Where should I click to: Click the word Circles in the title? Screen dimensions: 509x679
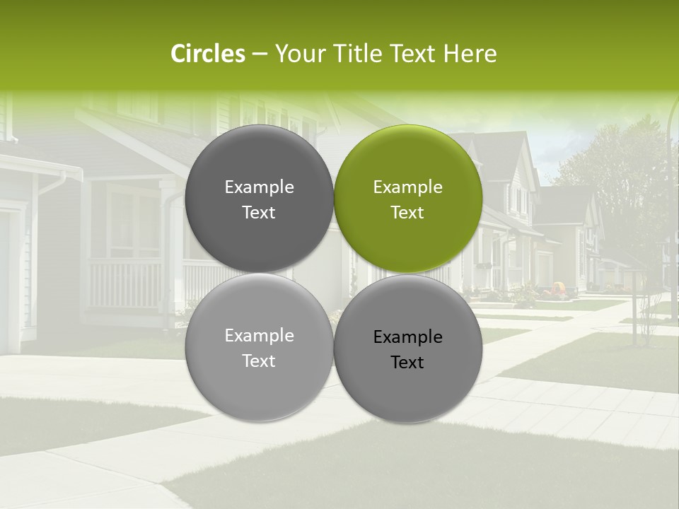coord(207,54)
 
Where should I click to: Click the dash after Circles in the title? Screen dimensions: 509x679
coord(260,54)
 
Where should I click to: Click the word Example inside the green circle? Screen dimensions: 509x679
coord(408,187)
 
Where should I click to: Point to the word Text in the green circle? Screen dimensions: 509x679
coord(408,213)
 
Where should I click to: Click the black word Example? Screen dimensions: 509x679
coord(408,337)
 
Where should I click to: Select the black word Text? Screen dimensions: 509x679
coord(408,363)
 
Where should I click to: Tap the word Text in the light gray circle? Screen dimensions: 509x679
coord(259,361)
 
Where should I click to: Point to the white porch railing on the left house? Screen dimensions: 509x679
coord(127,283)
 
